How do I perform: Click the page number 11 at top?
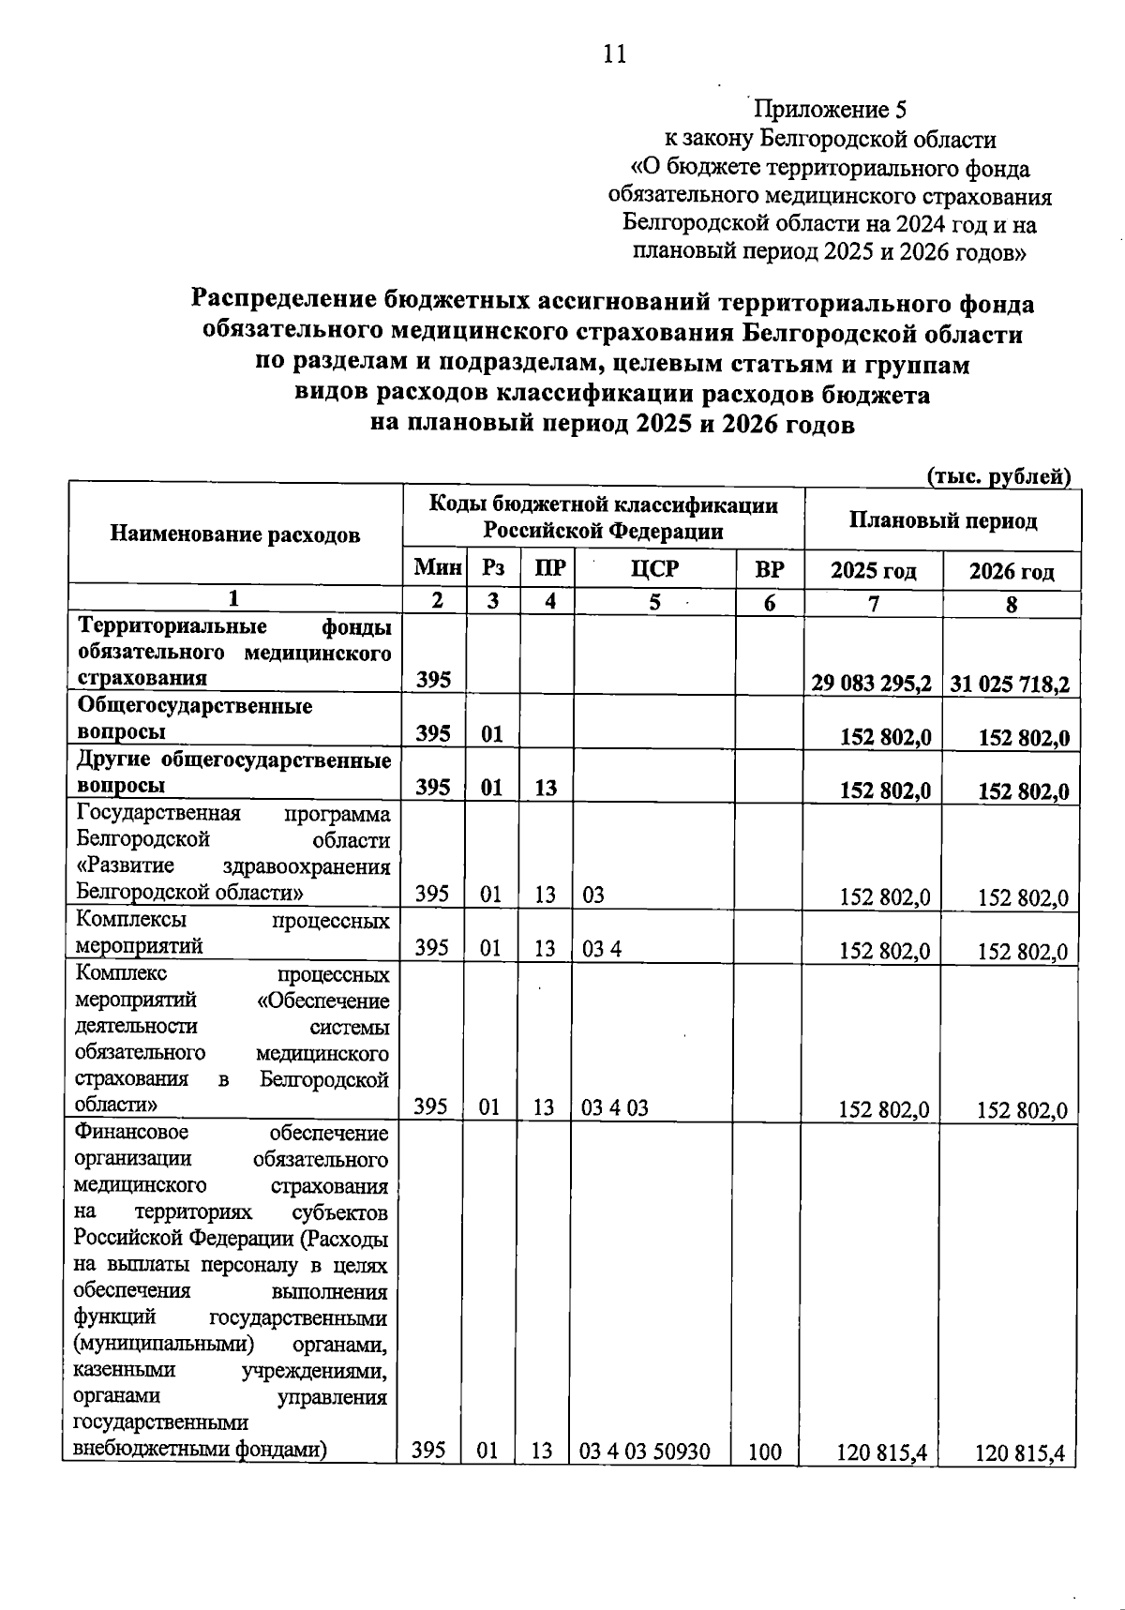tap(615, 54)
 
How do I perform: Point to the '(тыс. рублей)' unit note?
tap(999, 476)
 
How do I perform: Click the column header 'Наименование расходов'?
tap(235, 534)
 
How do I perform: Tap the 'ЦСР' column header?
tap(654, 569)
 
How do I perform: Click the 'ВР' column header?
tap(770, 569)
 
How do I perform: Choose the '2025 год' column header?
tap(873, 570)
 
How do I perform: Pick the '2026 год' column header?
tap(1012, 571)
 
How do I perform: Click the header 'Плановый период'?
tap(943, 520)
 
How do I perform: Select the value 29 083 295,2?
tap(873, 683)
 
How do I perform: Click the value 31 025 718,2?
tap(1011, 684)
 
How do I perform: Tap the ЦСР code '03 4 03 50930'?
tap(645, 1452)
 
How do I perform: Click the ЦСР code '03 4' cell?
tap(602, 949)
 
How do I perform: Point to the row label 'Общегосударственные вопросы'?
tap(195, 718)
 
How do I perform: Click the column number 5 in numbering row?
tap(654, 602)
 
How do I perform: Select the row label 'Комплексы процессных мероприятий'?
tap(232, 933)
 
